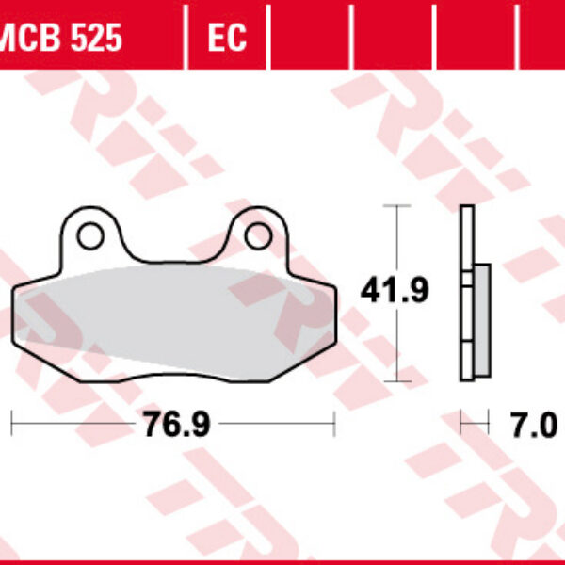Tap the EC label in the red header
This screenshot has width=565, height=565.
pos(226,39)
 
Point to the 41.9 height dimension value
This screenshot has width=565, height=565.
pos(395,292)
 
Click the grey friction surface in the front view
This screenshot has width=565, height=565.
pos(169,315)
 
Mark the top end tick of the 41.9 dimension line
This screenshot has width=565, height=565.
pos(398,205)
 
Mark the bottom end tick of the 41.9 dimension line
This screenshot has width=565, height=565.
pos(398,381)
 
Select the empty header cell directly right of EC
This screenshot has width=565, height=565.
pos(309,38)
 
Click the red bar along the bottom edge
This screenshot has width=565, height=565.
pos(282,561)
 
